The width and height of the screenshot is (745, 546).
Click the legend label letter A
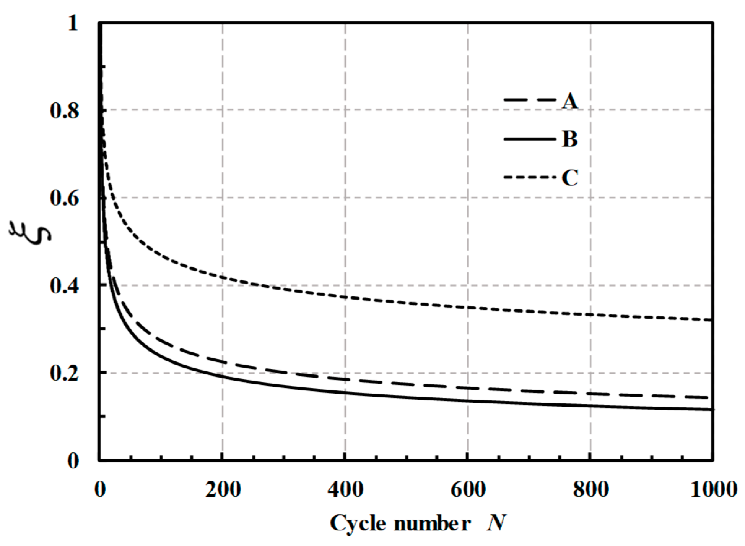pos(570,101)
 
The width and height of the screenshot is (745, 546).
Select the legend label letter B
pos(570,139)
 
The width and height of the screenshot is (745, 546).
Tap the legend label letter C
pos(570,178)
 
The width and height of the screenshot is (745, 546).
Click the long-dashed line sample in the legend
pos(530,100)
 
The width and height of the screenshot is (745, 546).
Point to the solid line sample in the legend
pos(530,139)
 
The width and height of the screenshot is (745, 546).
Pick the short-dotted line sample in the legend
pos(530,177)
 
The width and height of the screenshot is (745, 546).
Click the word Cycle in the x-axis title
pos(358,524)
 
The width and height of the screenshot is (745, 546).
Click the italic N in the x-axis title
pos(497,523)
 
